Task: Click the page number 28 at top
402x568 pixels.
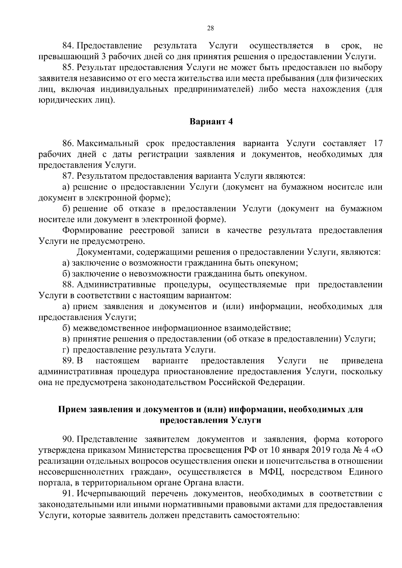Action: [x=210, y=28]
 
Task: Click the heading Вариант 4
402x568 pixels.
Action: [x=211, y=121]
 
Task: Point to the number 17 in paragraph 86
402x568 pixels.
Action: [x=377, y=144]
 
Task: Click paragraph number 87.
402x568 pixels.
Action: [x=69, y=176]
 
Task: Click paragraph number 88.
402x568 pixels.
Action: [x=69, y=285]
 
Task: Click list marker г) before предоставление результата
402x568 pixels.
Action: [x=66, y=350]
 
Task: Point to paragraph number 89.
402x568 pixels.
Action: [x=69, y=361]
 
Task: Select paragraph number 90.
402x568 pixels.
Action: [x=69, y=439]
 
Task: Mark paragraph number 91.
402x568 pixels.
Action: [x=69, y=493]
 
